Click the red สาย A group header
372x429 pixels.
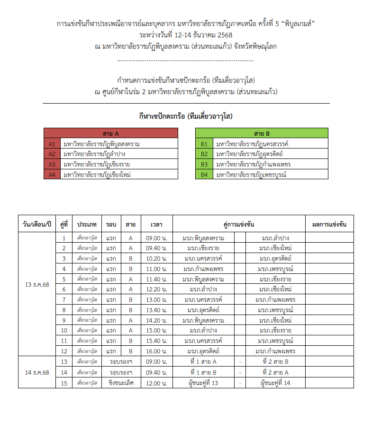110,133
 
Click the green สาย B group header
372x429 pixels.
262,133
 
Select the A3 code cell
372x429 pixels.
52,164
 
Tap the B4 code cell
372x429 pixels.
204,175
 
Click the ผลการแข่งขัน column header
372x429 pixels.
329,224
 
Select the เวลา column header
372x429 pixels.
156,224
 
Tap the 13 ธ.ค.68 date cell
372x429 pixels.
37,284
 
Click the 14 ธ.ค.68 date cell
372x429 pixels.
37,372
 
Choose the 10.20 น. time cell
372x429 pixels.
156,258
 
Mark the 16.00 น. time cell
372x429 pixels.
156,351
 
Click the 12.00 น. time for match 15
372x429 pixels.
156,383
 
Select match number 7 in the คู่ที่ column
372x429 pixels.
64,299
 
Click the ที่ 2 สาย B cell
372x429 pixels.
275,362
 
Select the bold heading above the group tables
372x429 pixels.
186,115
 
